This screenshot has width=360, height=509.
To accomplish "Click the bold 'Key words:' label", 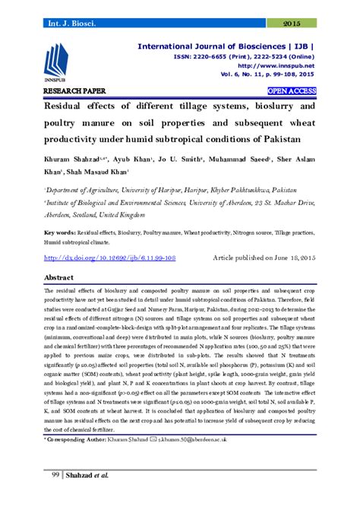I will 59,231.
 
